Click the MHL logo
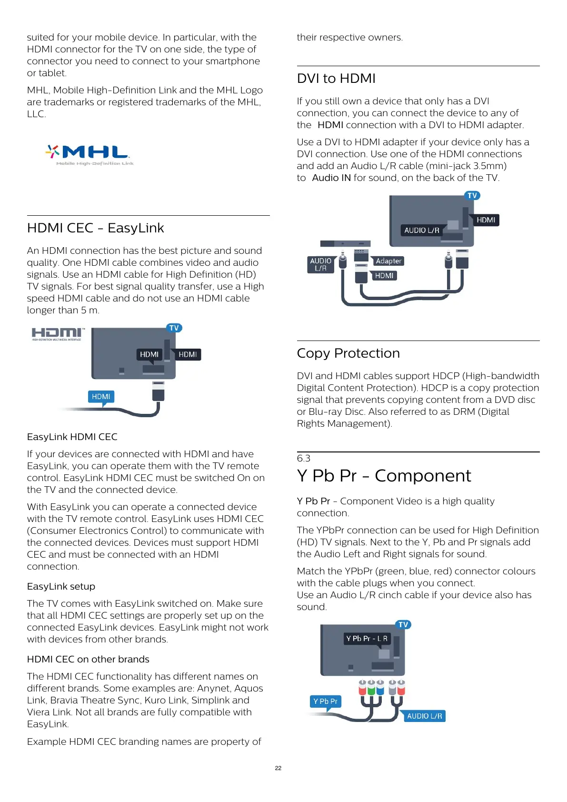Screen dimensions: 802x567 click(x=90, y=155)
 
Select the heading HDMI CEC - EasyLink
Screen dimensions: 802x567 click(x=95, y=228)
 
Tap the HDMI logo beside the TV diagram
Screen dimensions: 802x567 click(x=58, y=334)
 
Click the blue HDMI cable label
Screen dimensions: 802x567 click(x=101, y=397)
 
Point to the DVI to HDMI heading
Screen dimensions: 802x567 click(x=336, y=79)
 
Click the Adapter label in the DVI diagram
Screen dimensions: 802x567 click(x=388, y=261)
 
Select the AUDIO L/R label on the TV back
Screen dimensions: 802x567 click(x=422, y=230)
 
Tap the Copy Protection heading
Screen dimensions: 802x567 click(x=348, y=353)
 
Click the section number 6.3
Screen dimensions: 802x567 click(x=303, y=458)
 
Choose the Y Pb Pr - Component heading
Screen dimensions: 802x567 click(x=384, y=476)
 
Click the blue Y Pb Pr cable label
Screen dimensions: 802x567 click(x=325, y=702)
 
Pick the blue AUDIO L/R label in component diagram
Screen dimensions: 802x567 click(x=425, y=716)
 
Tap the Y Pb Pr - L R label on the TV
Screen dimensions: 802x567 click(x=367, y=639)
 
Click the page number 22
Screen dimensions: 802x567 click(x=279, y=768)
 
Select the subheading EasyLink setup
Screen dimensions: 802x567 click(x=61, y=587)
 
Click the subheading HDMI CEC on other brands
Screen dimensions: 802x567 click(x=88, y=660)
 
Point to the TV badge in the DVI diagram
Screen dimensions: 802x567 click(x=472, y=196)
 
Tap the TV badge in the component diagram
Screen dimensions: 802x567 click(x=403, y=625)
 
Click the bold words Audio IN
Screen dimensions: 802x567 click(x=331, y=178)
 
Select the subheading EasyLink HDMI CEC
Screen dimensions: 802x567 click(x=72, y=437)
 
